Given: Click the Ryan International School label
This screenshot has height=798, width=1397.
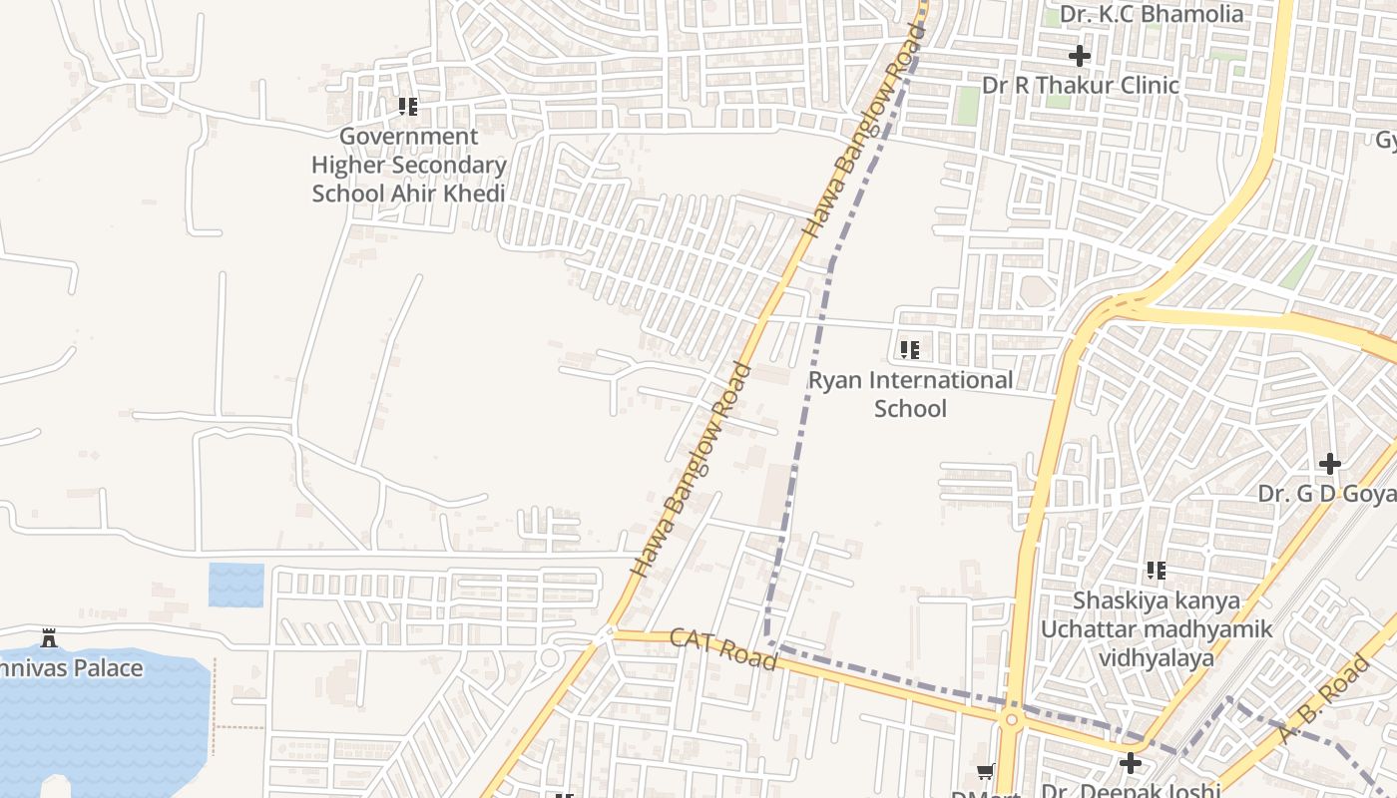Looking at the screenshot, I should (910, 394).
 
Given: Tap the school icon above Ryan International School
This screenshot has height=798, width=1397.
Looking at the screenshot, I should (909, 350).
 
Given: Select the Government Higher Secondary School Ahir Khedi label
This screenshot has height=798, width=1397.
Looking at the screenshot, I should (409, 165).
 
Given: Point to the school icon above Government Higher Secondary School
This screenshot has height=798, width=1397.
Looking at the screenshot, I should (407, 106).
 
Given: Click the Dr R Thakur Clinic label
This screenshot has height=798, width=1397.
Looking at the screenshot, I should (1081, 86).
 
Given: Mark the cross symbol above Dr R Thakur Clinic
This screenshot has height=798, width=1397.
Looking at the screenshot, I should (1079, 56).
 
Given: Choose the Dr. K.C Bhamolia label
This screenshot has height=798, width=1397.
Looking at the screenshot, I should (1152, 14).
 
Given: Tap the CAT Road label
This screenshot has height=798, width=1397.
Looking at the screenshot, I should (723, 648).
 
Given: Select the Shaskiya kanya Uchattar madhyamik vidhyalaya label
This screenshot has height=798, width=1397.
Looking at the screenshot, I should (1157, 629).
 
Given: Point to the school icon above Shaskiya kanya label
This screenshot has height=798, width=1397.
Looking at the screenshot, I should (1156, 571).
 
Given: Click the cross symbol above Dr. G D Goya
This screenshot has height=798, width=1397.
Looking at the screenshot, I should (1329, 464).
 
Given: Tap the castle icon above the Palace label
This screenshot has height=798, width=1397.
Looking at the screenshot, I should (48, 638).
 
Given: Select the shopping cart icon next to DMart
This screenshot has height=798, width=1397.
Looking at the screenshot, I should (986, 771).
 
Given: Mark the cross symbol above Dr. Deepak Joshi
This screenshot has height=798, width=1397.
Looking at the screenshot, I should (1130, 763).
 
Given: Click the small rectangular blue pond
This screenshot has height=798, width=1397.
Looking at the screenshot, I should (236, 586).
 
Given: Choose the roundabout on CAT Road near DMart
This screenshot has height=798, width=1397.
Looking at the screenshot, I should (1011, 719).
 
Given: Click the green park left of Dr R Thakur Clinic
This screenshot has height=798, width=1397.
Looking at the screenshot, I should (965, 106).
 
